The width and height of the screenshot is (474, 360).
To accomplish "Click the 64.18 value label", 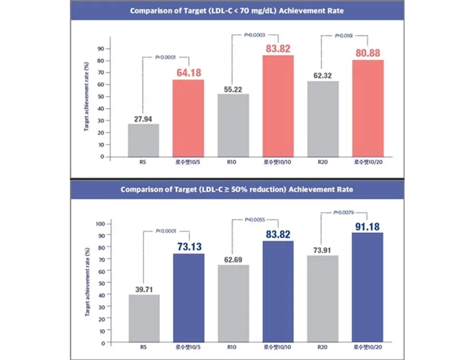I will [x=189, y=73].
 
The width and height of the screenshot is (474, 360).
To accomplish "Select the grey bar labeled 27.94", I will [x=143, y=140].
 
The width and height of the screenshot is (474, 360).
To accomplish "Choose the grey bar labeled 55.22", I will [x=233, y=125].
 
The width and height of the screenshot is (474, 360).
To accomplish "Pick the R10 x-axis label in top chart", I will [x=233, y=164].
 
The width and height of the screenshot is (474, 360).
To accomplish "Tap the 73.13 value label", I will [x=189, y=246].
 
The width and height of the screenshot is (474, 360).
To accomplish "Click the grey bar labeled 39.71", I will [x=143, y=318].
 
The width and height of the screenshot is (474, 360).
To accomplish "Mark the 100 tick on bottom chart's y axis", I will [x=100, y=223].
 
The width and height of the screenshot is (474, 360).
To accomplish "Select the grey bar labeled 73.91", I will [x=323, y=299].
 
